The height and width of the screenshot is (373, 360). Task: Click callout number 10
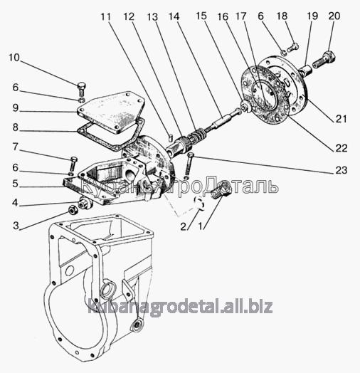point(14,58)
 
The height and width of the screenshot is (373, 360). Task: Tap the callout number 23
point(342,170)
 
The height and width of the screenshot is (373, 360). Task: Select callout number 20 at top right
point(334,16)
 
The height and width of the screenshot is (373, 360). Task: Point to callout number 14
point(174,16)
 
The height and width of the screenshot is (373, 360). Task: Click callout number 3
point(16,226)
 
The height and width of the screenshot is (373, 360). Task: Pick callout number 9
point(16,107)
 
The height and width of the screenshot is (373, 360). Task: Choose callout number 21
point(341,119)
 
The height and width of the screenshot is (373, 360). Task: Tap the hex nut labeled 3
point(73,209)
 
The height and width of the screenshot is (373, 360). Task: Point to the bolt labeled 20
point(324,60)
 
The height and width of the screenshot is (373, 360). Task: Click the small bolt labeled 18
point(293,47)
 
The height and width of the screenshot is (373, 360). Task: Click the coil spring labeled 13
point(196,135)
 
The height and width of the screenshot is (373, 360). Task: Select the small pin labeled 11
point(171,137)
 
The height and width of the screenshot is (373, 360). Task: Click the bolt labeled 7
point(73,164)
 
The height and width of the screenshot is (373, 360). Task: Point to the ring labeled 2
point(199,203)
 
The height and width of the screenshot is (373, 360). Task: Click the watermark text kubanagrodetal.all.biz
point(180,308)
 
